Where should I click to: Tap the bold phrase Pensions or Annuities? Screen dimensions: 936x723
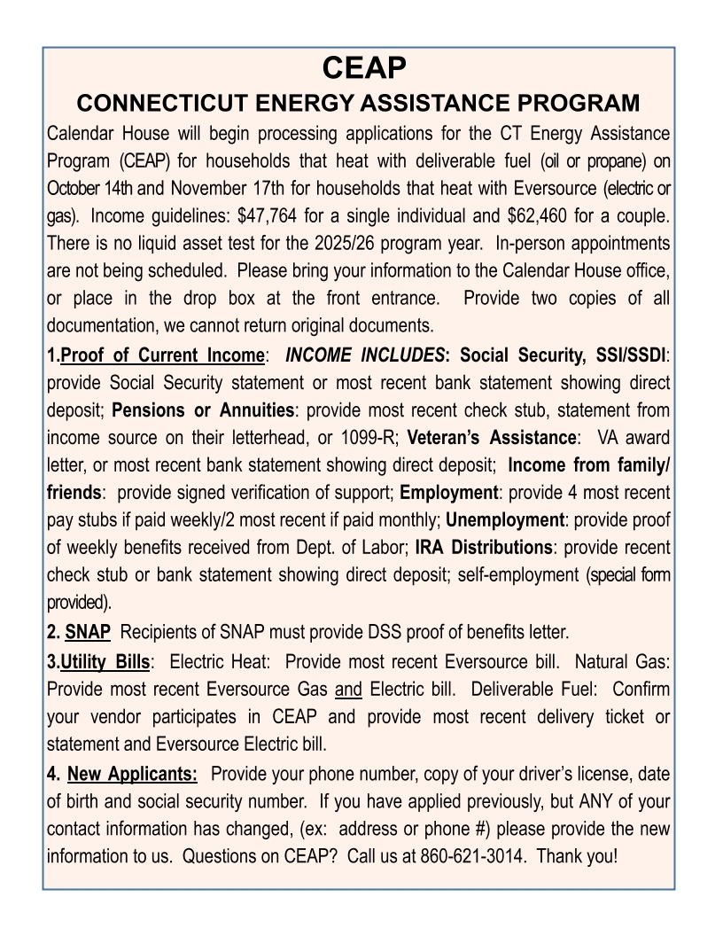203,410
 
